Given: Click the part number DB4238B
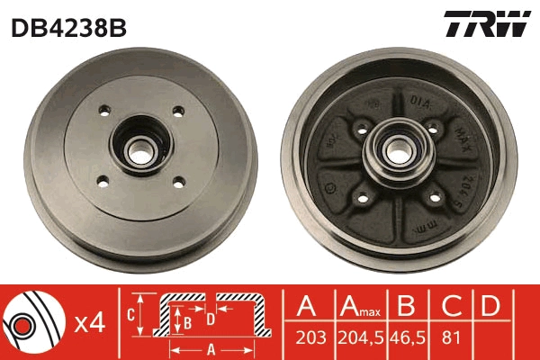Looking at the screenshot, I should (68, 27).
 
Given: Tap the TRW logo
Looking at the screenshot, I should (487, 25).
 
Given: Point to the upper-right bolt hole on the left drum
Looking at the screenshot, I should (178, 112).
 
